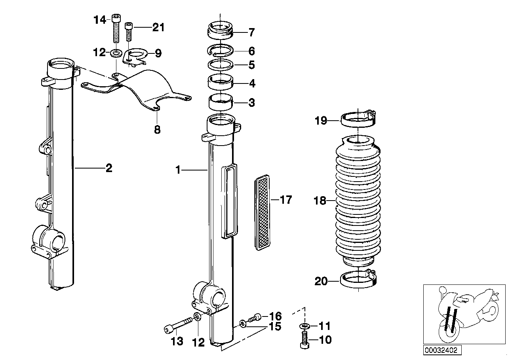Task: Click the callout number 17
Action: pyautogui.click(x=285, y=200)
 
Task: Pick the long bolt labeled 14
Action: pyautogui.click(x=116, y=28)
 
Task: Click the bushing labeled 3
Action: pyautogui.click(x=221, y=103)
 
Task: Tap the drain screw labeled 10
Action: pyautogui.click(x=304, y=340)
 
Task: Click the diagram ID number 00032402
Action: pyautogui.click(x=441, y=350)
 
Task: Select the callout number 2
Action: pyautogui.click(x=108, y=168)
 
